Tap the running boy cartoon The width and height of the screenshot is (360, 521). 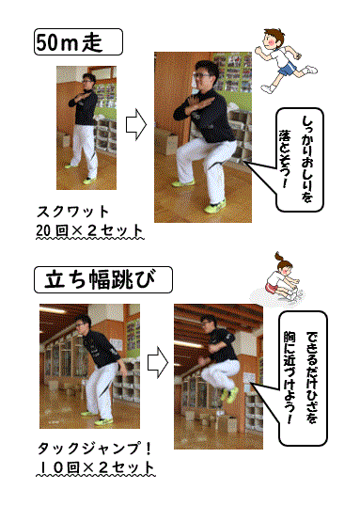click(286, 61)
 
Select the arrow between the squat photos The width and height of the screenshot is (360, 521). click(136, 125)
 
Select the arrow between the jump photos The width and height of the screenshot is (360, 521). click(158, 362)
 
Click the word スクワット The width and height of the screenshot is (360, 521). click(73, 212)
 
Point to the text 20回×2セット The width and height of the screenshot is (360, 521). click(89, 230)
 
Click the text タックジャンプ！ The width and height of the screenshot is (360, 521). click(94, 449)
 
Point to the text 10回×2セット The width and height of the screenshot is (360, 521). click(96, 467)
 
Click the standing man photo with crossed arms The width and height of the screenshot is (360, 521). click(86, 128)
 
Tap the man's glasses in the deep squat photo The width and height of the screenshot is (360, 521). click(201, 75)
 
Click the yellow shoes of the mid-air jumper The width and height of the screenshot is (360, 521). click(229, 394)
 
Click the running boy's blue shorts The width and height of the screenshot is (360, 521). click(288, 68)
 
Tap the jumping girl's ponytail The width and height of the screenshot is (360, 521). click(278, 257)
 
